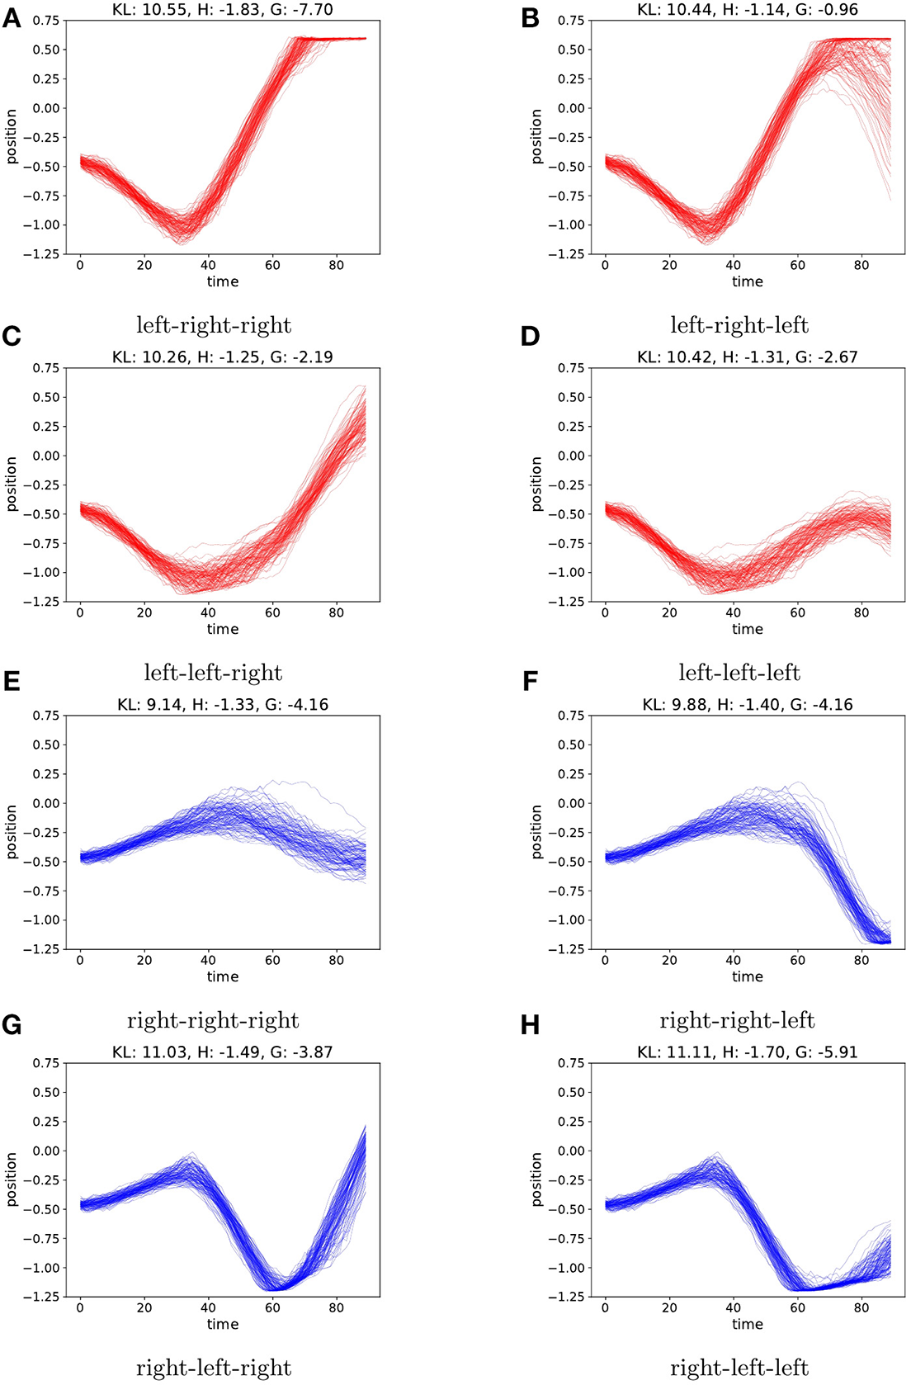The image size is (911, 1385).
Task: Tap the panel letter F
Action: [530, 682]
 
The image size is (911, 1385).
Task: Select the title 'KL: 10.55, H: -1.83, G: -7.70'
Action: [223, 10]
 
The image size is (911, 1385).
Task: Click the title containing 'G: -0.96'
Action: [748, 10]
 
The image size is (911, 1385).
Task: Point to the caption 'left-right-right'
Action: [214, 325]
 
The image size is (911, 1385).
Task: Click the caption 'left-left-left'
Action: [739, 673]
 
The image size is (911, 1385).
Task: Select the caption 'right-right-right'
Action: [213, 1020]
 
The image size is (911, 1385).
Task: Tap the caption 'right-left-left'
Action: [739, 1368]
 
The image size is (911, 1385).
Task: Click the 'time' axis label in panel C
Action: [223, 629]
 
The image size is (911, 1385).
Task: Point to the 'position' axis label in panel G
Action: [12, 1179]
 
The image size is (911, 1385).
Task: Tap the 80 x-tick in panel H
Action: [861, 1307]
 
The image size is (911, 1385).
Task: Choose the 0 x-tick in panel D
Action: [605, 612]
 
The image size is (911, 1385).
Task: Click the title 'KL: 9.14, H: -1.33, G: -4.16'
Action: [223, 705]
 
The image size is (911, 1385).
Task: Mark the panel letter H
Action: [530, 1025]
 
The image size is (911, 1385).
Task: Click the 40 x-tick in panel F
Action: [733, 960]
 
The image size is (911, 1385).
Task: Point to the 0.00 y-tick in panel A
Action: [46, 108]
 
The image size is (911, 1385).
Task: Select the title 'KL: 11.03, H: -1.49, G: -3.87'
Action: [223, 1052]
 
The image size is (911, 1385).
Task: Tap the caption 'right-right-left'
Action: [738, 1020]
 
